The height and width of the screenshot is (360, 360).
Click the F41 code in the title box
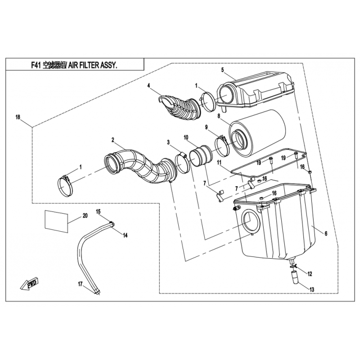(x=36, y=65)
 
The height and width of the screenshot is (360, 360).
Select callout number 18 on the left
(x=18, y=117)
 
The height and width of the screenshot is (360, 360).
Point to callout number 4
(x=148, y=86)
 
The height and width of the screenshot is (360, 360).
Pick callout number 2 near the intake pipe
(x=113, y=139)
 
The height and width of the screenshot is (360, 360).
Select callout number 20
(x=85, y=216)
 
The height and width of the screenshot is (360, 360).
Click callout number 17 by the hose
(x=80, y=284)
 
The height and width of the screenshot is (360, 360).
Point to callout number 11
(x=218, y=162)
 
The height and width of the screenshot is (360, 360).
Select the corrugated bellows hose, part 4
(x=178, y=108)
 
